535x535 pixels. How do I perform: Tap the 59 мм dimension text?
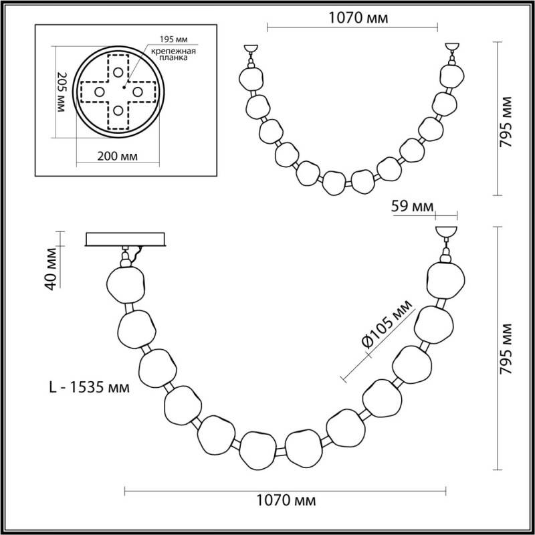pos(412,205)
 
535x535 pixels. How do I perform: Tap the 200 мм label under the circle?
pos(118,157)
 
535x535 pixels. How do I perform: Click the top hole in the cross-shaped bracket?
pos(118,72)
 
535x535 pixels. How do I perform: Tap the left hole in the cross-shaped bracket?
pos(98,91)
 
